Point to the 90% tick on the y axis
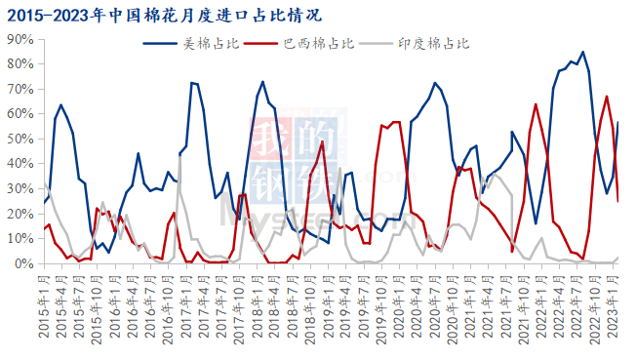point(20,39)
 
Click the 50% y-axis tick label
point(20,139)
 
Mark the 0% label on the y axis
point(23,263)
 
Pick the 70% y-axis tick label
point(20,89)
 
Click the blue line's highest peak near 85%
point(582,52)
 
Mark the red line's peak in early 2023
point(607,96)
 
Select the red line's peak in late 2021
point(536,103)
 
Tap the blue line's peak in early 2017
point(192,83)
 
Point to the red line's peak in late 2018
point(322,141)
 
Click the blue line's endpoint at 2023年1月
point(618,122)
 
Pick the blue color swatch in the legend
point(161,43)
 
